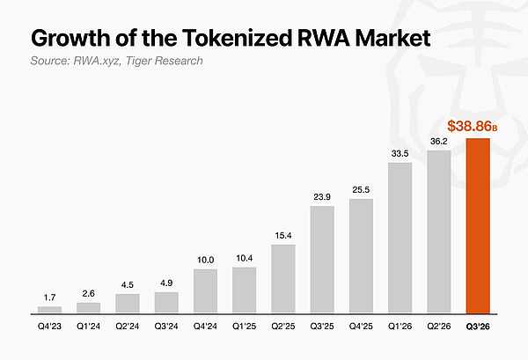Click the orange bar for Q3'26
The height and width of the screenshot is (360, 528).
pyautogui.click(x=478, y=226)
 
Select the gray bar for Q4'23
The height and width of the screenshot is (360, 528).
pyautogui.click(x=50, y=310)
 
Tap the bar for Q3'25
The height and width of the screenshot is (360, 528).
pyautogui.click(x=322, y=260)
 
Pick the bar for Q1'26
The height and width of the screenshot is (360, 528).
pyautogui.click(x=400, y=238)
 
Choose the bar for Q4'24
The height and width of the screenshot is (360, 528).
pyautogui.click(x=205, y=291)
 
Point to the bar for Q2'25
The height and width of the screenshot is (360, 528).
pyautogui.click(x=283, y=279)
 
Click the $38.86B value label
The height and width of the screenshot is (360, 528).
pyautogui.click(x=472, y=126)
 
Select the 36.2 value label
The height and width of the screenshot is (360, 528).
pyautogui.click(x=439, y=142)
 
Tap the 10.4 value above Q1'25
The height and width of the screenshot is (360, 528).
pyautogui.click(x=244, y=258)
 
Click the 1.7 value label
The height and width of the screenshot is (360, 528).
pyautogui.click(x=49, y=298)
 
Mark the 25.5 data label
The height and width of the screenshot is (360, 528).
pyautogui.click(x=361, y=190)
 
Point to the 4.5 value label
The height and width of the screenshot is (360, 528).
pyautogui.click(x=128, y=285)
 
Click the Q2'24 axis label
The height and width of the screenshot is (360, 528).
pyautogui.click(x=128, y=326)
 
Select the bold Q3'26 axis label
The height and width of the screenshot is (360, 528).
pyautogui.click(x=478, y=326)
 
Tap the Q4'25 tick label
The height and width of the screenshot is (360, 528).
pyautogui.click(x=361, y=326)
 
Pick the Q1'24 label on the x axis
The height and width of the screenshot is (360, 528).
pyautogui.click(x=89, y=326)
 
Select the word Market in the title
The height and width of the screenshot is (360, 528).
pyautogui.click(x=393, y=38)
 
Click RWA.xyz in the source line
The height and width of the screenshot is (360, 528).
pyautogui.click(x=95, y=61)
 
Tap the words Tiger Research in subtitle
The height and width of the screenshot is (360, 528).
pyautogui.click(x=165, y=61)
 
